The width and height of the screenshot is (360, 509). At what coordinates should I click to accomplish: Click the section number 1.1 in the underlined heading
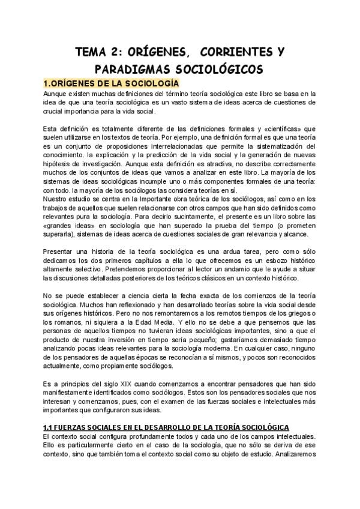[50, 426]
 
